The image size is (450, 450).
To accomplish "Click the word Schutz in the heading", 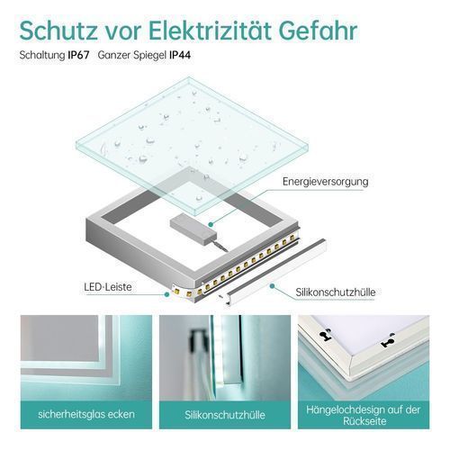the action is (x=58, y=30).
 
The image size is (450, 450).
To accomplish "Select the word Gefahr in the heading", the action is (x=319, y=30).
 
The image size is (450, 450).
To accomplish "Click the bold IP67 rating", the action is (x=78, y=55).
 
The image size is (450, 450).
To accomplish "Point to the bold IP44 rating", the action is (x=180, y=55).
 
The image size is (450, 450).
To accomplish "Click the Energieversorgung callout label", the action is (x=326, y=182).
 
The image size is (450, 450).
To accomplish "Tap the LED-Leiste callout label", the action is (x=108, y=287).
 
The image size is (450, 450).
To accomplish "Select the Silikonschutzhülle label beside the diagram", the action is (x=336, y=292).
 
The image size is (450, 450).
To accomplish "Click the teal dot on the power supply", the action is (x=211, y=224).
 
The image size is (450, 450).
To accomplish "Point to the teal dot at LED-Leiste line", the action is (x=166, y=294).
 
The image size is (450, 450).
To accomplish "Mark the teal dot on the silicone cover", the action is (x=272, y=286).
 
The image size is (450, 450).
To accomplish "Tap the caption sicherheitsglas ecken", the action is (x=86, y=414).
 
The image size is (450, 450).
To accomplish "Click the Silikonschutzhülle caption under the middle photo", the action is (x=225, y=415).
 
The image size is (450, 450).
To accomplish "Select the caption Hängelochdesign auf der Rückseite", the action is (x=364, y=415).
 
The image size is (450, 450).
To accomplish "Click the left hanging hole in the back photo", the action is (x=324, y=336).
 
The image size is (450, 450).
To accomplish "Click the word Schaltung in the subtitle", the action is (x=42, y=56).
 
